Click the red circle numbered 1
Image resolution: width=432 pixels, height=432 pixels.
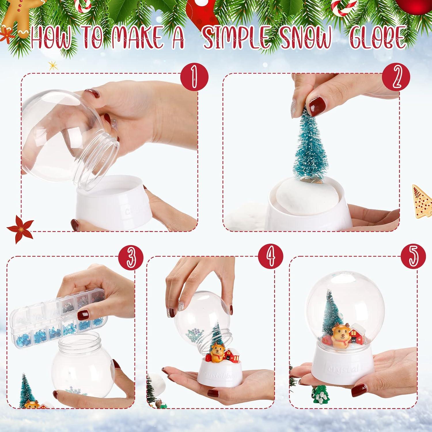194,77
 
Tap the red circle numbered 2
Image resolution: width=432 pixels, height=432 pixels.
396,77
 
